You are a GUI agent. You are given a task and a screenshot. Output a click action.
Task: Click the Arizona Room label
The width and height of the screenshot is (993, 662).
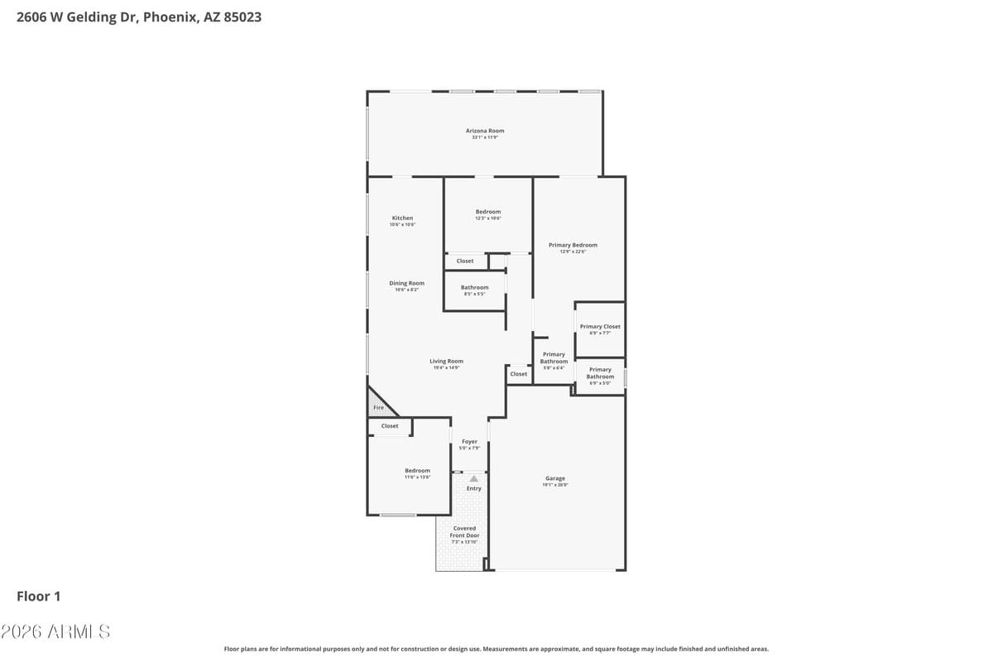click(x=485, y=131)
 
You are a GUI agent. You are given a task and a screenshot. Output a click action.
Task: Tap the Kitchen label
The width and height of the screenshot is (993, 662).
click(x=402, y=218)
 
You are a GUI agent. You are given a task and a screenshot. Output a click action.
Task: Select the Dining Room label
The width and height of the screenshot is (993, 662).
click(x=406, y=284)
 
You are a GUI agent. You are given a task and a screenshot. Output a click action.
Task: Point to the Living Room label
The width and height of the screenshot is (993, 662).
click(x=446, y=362)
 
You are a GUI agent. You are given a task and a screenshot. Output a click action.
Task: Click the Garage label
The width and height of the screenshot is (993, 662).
click(x=554, y=479)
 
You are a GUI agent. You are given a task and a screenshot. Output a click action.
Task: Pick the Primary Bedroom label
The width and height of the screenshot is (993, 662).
click(x=573, y=246)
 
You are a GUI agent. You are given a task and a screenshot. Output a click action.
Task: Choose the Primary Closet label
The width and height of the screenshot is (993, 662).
click(x=600, y=327)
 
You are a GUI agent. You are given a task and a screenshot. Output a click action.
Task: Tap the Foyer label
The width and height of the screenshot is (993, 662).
click(x=469, y=443)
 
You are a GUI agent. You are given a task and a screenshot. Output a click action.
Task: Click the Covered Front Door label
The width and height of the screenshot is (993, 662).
click(x=464, y=532)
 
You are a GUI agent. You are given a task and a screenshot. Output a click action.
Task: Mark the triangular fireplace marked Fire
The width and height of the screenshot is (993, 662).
click(x=378, y=406)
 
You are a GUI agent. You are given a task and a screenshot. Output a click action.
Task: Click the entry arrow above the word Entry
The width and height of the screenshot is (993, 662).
click(x=473, y=478)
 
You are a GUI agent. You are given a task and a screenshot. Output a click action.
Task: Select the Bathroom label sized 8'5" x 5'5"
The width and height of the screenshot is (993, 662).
click(x=474, y=288)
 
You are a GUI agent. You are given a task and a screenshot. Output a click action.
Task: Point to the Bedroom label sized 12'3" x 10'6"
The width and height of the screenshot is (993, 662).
click(x=488, y=213)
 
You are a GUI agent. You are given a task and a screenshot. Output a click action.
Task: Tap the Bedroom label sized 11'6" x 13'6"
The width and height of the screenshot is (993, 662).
click(x=417, y=471)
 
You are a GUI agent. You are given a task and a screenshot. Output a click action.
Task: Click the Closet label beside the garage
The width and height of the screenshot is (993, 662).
click(x=519, y=374)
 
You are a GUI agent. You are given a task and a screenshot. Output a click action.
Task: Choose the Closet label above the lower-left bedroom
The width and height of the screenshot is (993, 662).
click(x=390, y=426)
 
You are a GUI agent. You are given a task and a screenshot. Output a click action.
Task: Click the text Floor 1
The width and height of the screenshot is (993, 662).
click(x=39, y=596)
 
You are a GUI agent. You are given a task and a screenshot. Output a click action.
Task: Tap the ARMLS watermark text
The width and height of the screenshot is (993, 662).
click(x=55, y=631)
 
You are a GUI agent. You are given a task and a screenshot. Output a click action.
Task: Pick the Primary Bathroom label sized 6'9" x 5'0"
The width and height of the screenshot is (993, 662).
click(x=600, y=373)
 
